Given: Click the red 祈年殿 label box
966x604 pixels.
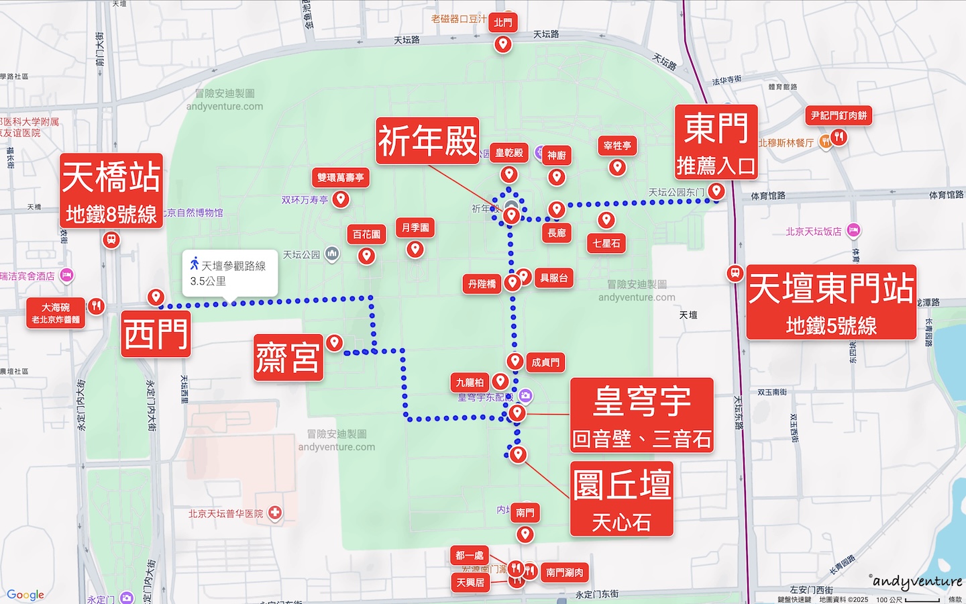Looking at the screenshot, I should [427, 140].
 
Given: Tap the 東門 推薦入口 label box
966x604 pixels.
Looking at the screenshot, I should [716, 142].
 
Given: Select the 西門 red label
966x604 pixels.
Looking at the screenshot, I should [156, 334].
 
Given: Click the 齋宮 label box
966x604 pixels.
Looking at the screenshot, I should [288, 357].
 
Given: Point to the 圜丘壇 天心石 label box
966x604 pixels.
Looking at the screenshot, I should [621, 498].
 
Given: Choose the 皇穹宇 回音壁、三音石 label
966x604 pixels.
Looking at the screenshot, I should [641, 415].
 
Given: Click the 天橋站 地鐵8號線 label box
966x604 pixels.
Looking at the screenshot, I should [111, 191].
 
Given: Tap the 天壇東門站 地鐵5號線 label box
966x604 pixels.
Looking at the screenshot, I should [831, 302].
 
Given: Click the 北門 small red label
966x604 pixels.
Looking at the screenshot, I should [503, 22].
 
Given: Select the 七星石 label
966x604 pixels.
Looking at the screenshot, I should [606, 243].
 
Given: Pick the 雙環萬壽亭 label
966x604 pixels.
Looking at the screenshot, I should [341, 177].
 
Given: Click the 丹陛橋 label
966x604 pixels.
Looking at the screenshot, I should [482, 284].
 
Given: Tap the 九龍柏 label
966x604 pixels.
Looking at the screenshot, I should [470, 383].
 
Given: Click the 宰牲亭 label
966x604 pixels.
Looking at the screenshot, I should [617, 145].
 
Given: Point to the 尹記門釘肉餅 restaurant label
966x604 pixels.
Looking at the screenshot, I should [839, 115].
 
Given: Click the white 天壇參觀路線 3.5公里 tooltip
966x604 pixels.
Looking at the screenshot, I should [229, 273].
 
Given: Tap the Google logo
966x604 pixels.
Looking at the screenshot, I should [25, 595].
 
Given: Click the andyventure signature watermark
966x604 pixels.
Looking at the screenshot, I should [917, 581].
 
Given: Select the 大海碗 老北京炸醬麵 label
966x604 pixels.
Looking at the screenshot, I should [56, 313].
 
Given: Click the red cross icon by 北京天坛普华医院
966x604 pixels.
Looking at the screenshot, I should [274, 513].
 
